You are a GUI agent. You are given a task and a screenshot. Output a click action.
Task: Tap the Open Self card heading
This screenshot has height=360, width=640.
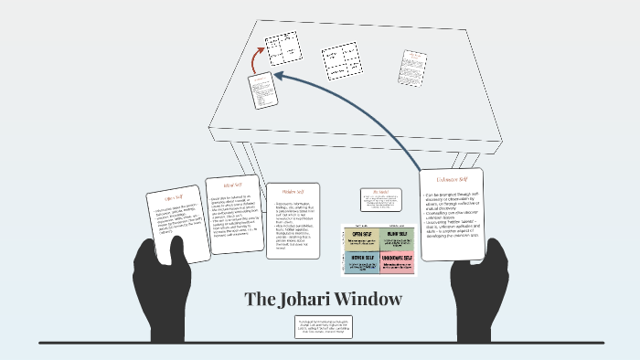coord(174,197)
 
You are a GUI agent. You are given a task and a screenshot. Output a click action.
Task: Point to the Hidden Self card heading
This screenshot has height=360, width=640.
coord(293,192)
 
